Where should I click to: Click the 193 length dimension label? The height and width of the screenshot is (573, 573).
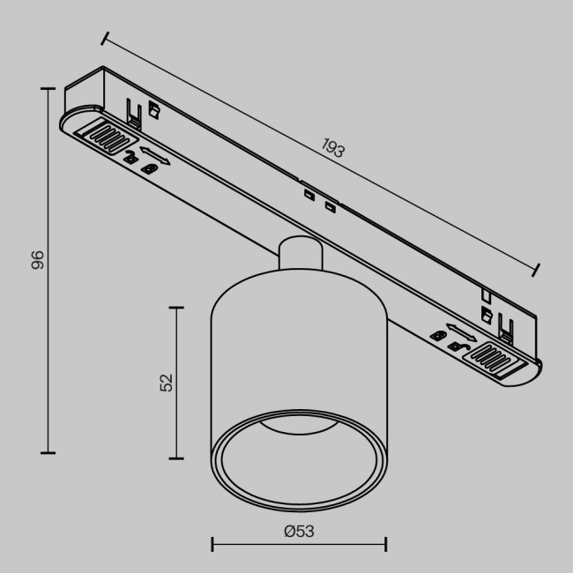pyautogui.click(x=331, y=148)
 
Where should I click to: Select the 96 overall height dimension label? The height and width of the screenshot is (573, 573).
pyautogui.click(x=38, y=259)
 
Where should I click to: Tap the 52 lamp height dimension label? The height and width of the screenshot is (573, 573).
pyautogui.click(x=167, y=381)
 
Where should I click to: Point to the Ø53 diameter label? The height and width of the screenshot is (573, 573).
pyautogui.click(x=299, y=531)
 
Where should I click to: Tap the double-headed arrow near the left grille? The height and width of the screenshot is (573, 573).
pyautogui.click(x=153, y=153)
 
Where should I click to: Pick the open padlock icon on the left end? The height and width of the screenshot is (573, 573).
pyautogui.click(x=131, y=158)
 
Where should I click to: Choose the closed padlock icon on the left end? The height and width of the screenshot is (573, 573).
pyautogui.click(x=151, y=167)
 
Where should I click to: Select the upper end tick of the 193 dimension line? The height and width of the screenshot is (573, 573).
pyautogui.click(x=105, y=38)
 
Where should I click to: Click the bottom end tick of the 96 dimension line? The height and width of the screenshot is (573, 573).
pyautogui.click(x=47, y=452)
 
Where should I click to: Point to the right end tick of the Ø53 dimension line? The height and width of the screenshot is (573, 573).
pyautogui.click(x=386, y=544)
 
